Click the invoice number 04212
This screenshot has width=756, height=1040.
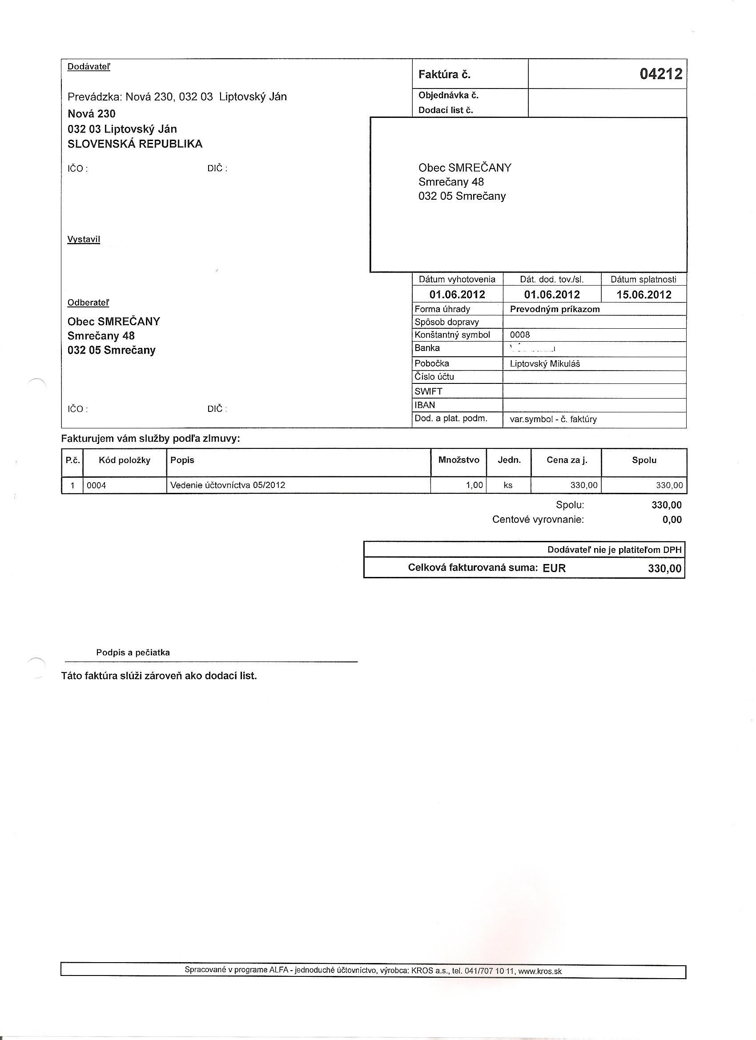click(661, 74)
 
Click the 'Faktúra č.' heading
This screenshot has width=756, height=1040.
click(444, 75)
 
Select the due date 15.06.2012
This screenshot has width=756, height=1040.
click(643, 294)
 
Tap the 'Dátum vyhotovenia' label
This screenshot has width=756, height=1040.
click(457, 279)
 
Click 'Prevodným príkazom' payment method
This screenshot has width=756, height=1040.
click(555, 309)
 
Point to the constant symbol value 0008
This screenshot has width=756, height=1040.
click(520, 335)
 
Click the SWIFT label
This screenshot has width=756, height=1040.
click(428, 391)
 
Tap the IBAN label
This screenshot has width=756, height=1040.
click(425, 405)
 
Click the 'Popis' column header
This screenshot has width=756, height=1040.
click(182, 460)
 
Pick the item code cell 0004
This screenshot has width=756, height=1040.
click(96, 485)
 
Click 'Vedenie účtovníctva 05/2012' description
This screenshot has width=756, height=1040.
click(227, 485)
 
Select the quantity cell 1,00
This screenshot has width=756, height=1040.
click(475, 485)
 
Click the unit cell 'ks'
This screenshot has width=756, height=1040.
click(508, 485)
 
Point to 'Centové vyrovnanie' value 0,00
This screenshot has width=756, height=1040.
click(672, 520)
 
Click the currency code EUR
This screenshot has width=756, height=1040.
click(554, 568)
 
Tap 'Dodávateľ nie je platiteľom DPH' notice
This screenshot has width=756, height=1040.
click(614, 549)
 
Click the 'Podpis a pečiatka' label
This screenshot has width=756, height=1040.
click(133, 653)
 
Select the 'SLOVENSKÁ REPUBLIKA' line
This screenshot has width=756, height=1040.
click(135, 144)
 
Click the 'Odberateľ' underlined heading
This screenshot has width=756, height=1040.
click(88, 302)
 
